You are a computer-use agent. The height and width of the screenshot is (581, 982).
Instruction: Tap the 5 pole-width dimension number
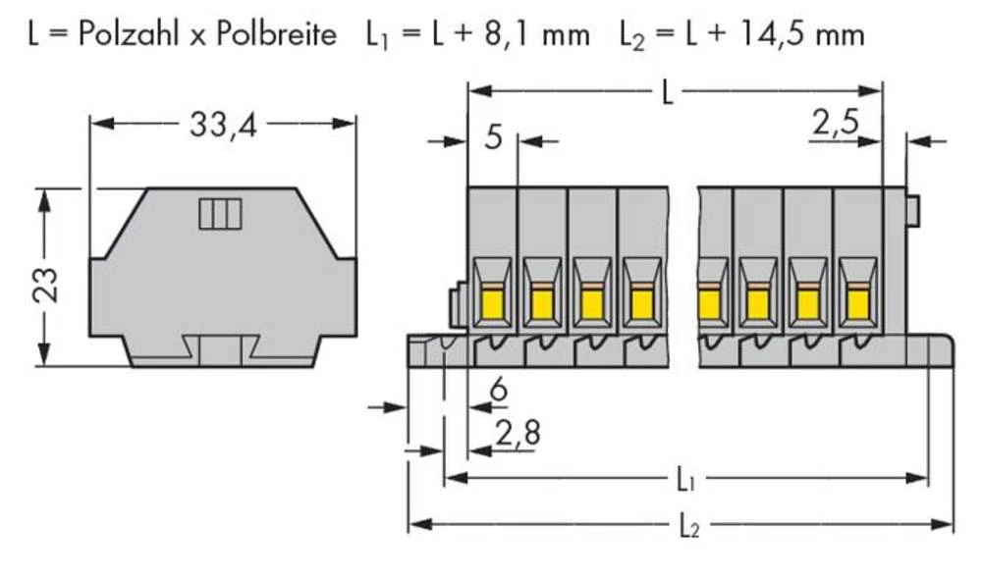pos(493,137)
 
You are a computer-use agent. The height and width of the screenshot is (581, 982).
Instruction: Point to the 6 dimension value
pos(498,392)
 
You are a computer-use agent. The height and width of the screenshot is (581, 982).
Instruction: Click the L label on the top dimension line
pos(668,93)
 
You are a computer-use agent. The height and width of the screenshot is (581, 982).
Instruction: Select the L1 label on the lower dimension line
pos(686,480)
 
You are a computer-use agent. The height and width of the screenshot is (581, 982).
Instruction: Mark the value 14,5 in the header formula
pos(778,34)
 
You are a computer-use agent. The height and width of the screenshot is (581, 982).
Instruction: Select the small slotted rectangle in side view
pos(220,213)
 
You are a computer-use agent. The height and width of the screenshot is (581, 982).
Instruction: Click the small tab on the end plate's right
pos(913,209)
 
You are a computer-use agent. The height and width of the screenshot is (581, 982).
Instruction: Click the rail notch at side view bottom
pos(222,347)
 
